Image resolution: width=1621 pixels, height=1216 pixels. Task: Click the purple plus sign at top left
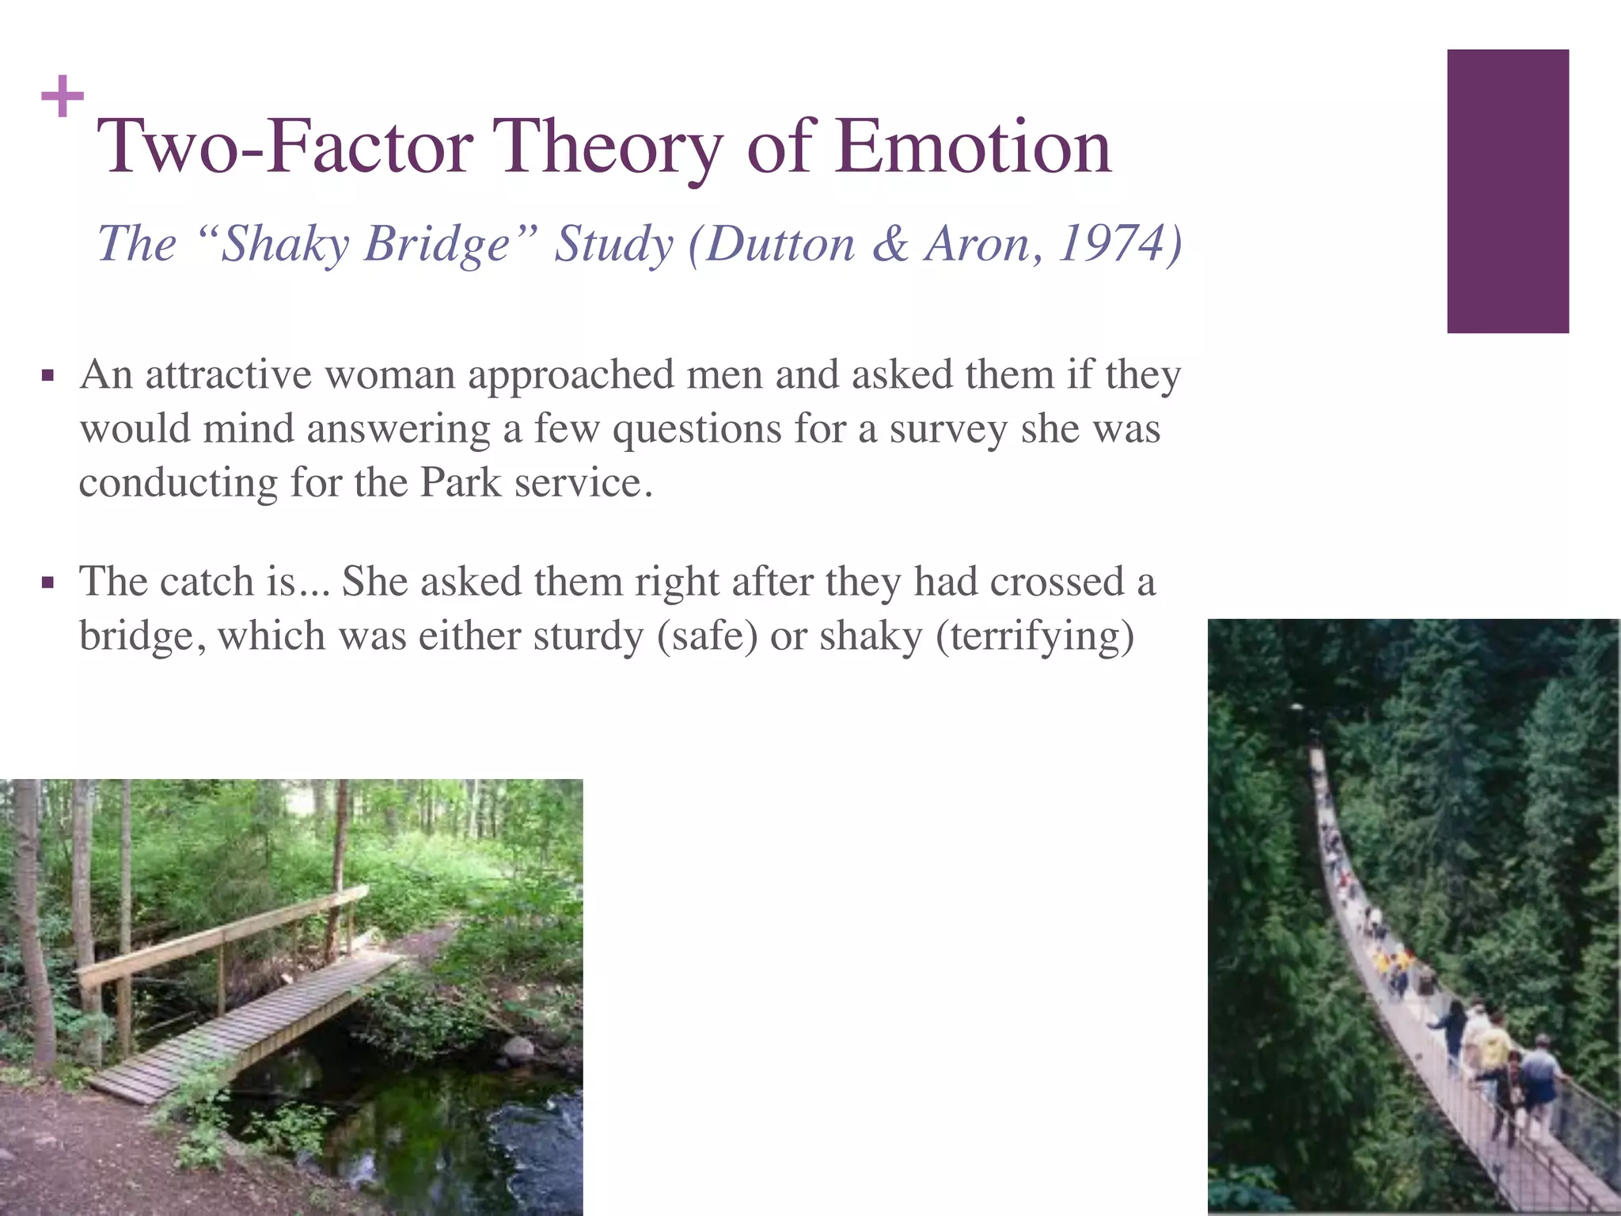(62, 97)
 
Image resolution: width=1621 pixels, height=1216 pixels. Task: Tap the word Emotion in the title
(973, 147)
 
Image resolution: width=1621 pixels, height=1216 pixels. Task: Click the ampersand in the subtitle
(890, 244)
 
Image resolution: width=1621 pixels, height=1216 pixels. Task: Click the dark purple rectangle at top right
(1507, 191)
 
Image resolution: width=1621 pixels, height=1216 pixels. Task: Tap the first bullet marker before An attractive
(47, 376)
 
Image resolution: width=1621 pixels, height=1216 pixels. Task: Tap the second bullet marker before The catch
(47, 584)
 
